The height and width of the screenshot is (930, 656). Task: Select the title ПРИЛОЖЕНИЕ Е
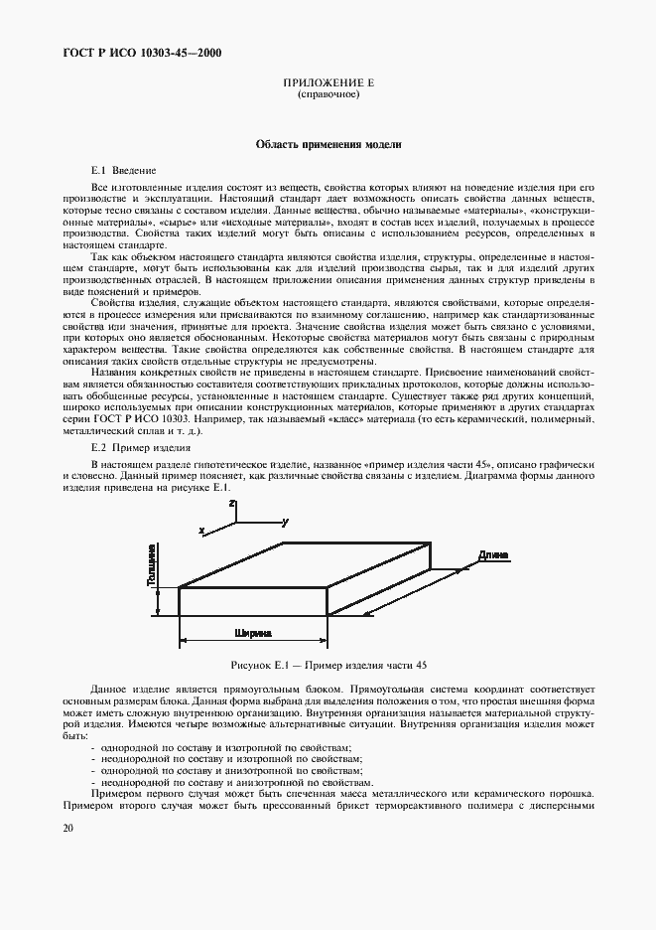point(328,84)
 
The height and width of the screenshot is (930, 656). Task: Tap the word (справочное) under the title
point(328,94)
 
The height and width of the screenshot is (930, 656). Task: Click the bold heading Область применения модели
point(328,144)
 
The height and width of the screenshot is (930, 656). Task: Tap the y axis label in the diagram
point(285,521)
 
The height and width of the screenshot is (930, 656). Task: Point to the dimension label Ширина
point(253,632)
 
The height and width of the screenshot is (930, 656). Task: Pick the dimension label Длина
point(493,554)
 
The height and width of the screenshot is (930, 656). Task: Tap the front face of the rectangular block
point(253,601)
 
